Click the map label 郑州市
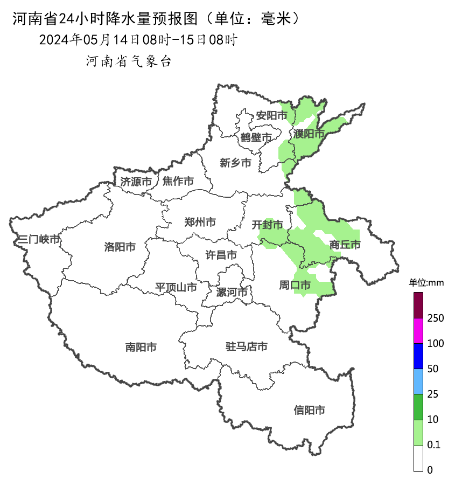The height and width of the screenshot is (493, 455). click(200, 222)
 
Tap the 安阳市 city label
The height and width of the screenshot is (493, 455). click(271, 115)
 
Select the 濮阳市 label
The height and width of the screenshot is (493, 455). click(309, 134)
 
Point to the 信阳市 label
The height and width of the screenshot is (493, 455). click(310, 410)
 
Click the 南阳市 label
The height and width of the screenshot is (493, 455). click(141, 348)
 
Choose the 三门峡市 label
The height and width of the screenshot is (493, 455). click(38, 239)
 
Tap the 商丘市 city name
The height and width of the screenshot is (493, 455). click(345, 245)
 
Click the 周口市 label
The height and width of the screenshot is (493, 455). click(295, 284)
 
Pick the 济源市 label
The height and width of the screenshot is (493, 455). click(136, 182)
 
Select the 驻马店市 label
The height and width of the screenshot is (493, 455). click(246, 346)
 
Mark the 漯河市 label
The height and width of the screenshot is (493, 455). click(232, 293)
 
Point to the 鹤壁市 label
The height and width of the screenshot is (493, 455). click(256, 138)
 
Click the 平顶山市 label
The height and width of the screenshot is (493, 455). click(176, 287)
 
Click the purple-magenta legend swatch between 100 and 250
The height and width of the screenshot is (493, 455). click(418, 330)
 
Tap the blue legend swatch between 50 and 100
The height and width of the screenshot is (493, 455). click(418, 356)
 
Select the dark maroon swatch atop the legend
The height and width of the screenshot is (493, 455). click(418, 305)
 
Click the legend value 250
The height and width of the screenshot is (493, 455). click(435, 318)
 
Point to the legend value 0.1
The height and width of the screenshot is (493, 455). click(433, 445)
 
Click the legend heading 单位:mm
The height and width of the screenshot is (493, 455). click(425, 283)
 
